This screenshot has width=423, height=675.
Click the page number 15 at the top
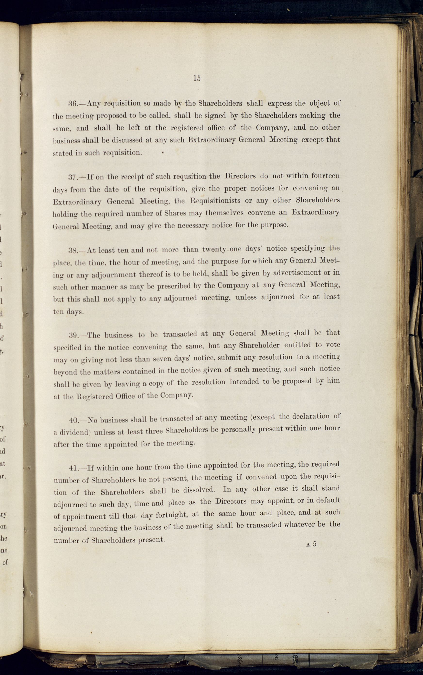coord(197,78)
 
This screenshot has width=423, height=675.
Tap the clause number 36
coord(73,104)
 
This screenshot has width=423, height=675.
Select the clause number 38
coord(73,250)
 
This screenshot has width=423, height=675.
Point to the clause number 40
coord(74,420)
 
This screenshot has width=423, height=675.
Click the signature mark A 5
coord(311,544)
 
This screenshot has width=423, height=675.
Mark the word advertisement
coord(297,273)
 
